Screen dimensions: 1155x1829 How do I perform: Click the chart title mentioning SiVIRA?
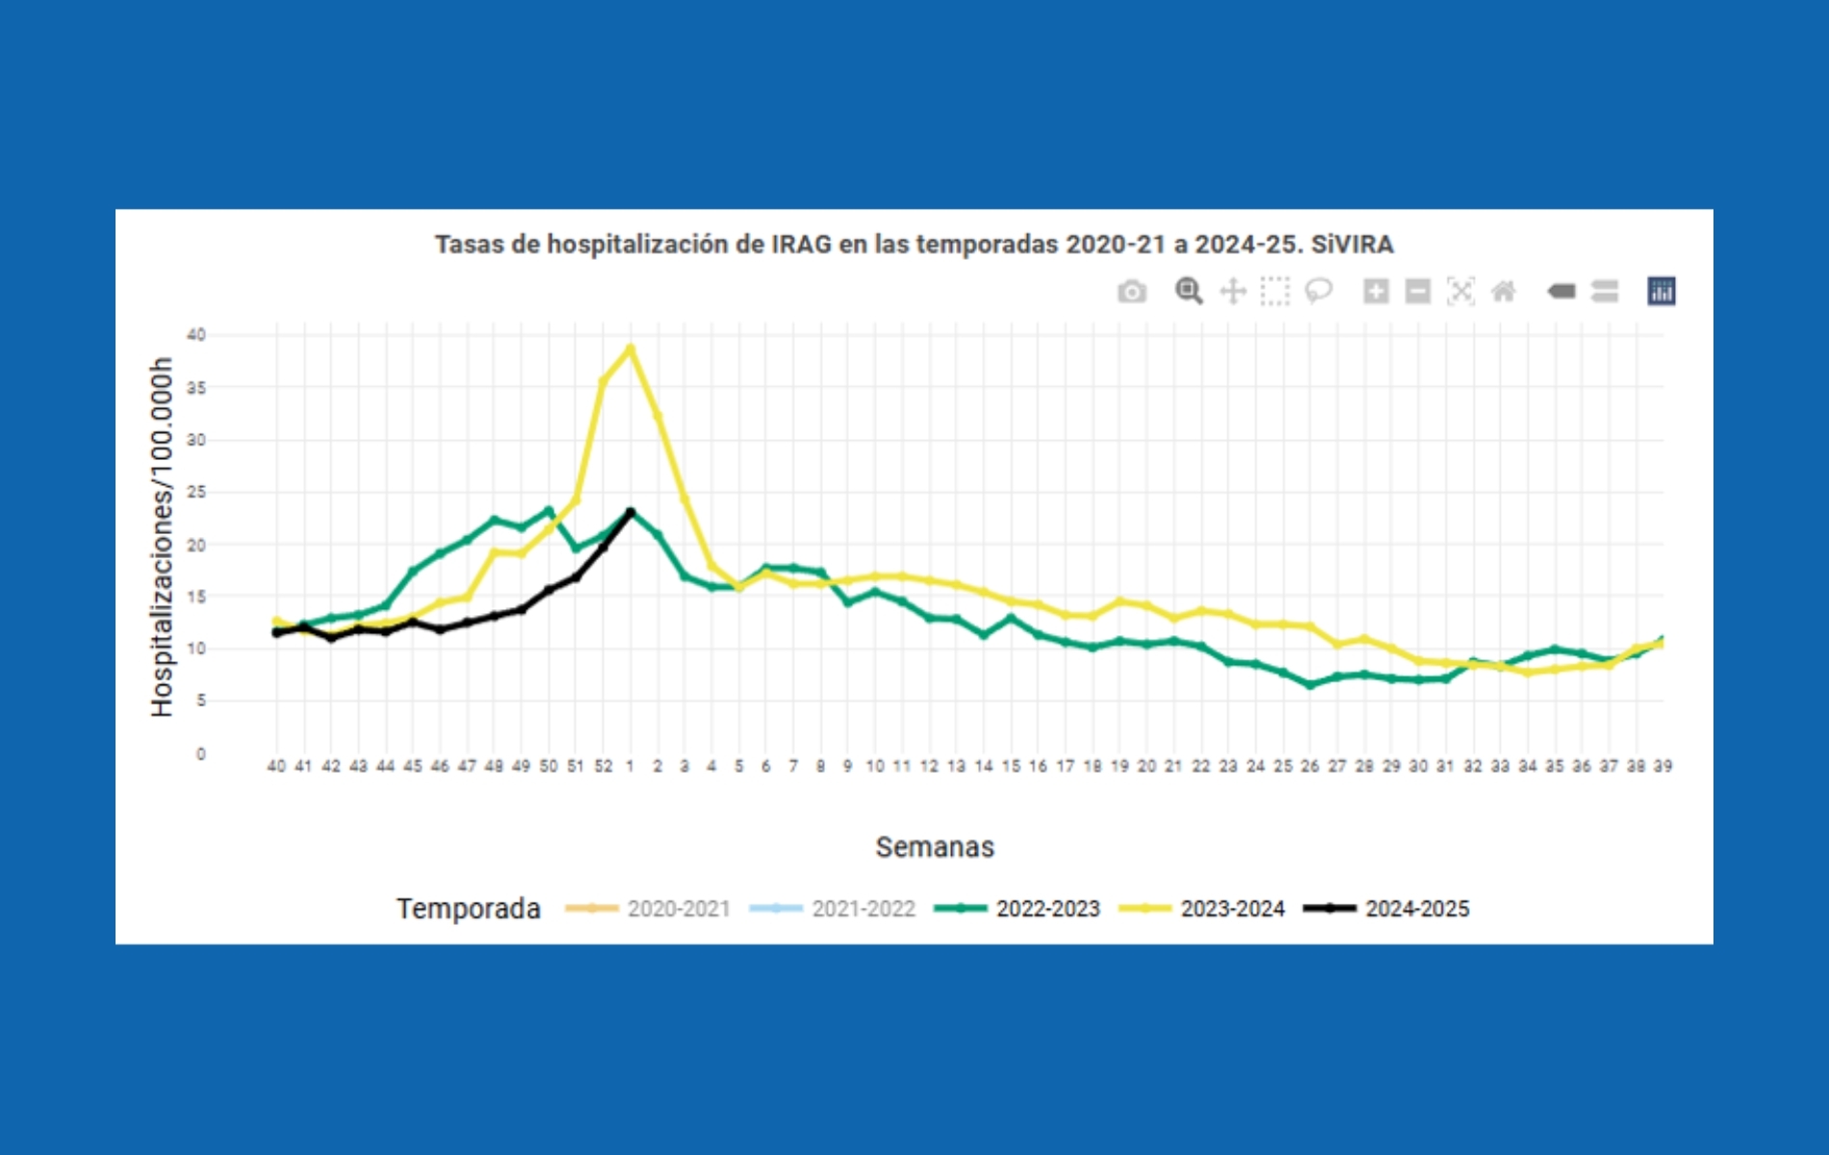coord(914,244)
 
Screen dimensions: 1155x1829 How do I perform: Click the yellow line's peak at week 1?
coord(631,348)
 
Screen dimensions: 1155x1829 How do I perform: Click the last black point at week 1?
coord(631,512)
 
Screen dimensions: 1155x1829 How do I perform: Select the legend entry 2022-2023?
coord(1046,909)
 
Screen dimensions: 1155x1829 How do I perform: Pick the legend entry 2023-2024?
coord(1231,909)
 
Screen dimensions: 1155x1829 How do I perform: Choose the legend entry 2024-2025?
coord(1416,909)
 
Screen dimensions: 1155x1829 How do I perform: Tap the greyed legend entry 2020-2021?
coord(678,909)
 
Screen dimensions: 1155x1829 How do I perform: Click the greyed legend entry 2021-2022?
coord(863,909)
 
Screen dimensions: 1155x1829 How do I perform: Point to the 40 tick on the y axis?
coord(196,335)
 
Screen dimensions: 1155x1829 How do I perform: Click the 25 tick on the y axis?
coord(196,492)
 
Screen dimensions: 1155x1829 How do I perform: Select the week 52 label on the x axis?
coord(603,766)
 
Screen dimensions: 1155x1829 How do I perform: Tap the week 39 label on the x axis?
coord(1662,766)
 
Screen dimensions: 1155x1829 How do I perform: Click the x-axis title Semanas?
coord(934,847)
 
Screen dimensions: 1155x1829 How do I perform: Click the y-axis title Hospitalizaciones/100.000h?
coord(162,537)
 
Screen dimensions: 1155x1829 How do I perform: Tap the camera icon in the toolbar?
coord(1132,292)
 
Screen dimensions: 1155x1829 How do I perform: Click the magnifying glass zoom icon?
coord(1189,291)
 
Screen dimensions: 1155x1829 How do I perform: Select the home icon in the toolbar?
coord(1504,291)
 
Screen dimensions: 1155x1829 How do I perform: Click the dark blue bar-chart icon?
coord(1661,291)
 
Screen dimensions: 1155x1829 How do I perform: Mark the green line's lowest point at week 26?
coord(1309,684)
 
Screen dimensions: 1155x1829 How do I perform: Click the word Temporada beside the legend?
coord(469,909)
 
